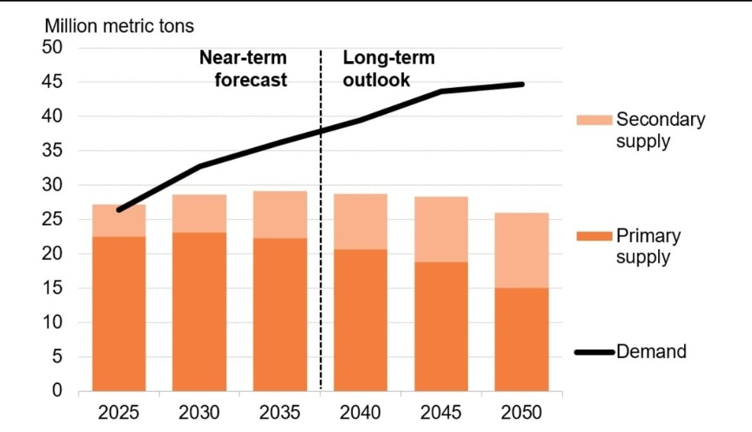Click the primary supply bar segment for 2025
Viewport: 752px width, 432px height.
click(119, 314)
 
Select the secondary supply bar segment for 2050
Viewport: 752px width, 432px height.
click(522, 250)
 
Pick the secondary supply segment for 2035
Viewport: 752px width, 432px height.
click(280, 214)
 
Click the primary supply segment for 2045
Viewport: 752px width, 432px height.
click(441, 327)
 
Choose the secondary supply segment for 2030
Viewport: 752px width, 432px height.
click(199, 214)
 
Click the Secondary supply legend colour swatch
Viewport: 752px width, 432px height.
click(593, 120)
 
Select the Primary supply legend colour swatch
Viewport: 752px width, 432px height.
click(593, 236)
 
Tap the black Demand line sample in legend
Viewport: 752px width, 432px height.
click(593, 353)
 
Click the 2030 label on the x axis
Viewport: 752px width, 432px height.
click(199, 413)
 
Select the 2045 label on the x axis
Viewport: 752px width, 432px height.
click(441, 413)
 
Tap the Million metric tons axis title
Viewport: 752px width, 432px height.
click(120, 26)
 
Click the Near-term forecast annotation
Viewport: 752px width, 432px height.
click(243, 69)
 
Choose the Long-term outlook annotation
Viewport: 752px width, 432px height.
click(388, 69)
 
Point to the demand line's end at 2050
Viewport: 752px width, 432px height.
click(522, 84)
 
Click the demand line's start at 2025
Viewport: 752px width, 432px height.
click(119, 210)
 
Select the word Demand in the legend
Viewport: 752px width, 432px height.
click(651, 352)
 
